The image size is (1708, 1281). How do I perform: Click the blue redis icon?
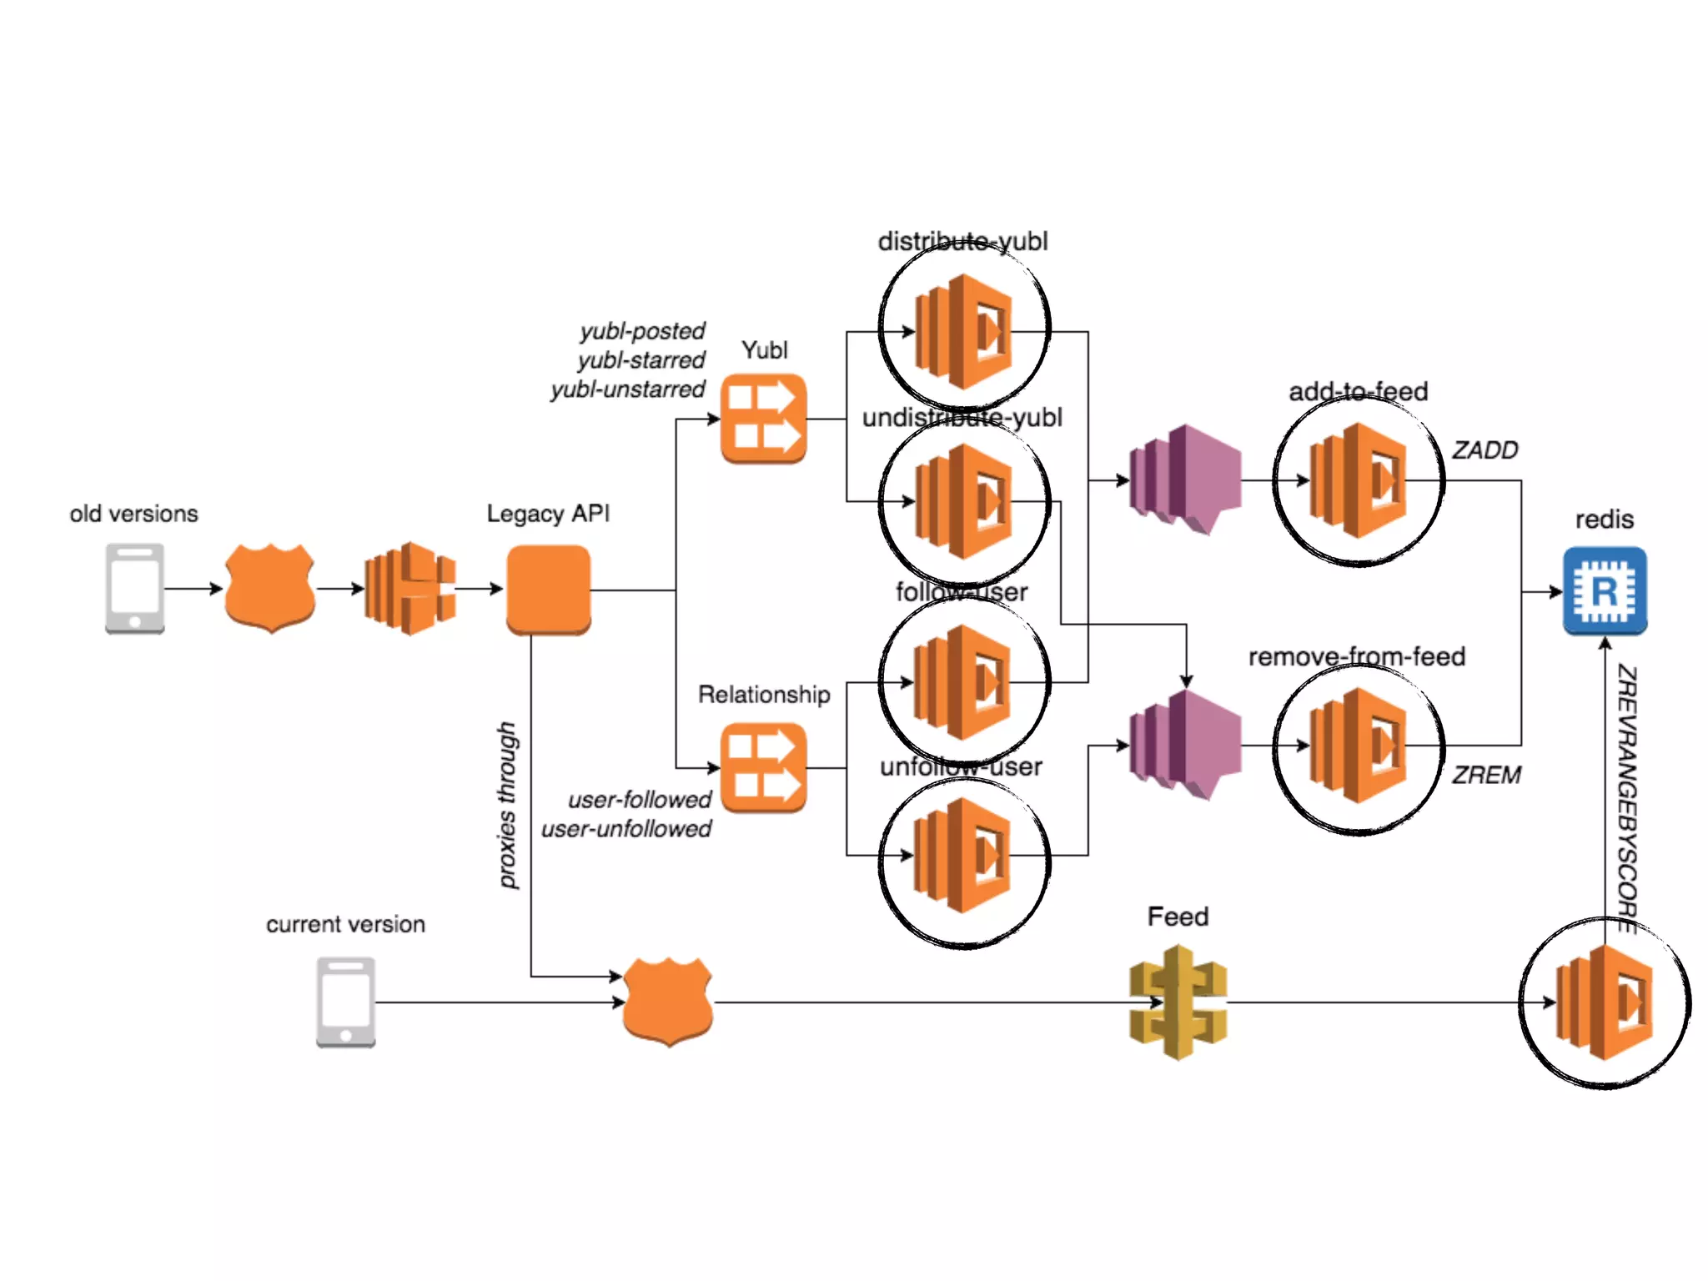1604,590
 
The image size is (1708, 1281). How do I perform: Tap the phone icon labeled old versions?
135,589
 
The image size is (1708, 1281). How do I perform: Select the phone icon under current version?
345,1002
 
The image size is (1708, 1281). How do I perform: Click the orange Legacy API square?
548,590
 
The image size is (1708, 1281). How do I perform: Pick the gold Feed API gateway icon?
1178,1002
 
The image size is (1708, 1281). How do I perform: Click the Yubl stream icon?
763,419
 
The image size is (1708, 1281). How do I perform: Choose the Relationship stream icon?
763,767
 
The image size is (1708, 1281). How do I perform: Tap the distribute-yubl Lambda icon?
964,331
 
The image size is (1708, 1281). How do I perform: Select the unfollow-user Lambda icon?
964,855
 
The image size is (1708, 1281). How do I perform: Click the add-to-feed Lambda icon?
1359,480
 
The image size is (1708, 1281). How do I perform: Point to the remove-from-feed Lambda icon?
1359,746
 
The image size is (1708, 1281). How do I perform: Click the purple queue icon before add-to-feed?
1184,480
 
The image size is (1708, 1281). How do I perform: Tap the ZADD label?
1484,450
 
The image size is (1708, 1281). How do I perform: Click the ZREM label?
1486,776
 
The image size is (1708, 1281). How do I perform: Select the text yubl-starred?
641,360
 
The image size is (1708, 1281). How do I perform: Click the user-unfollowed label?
626,829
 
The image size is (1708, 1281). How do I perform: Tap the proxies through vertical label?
507,805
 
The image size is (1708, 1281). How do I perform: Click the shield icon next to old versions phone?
269,589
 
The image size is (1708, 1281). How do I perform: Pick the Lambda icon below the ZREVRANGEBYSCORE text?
1605,1002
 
